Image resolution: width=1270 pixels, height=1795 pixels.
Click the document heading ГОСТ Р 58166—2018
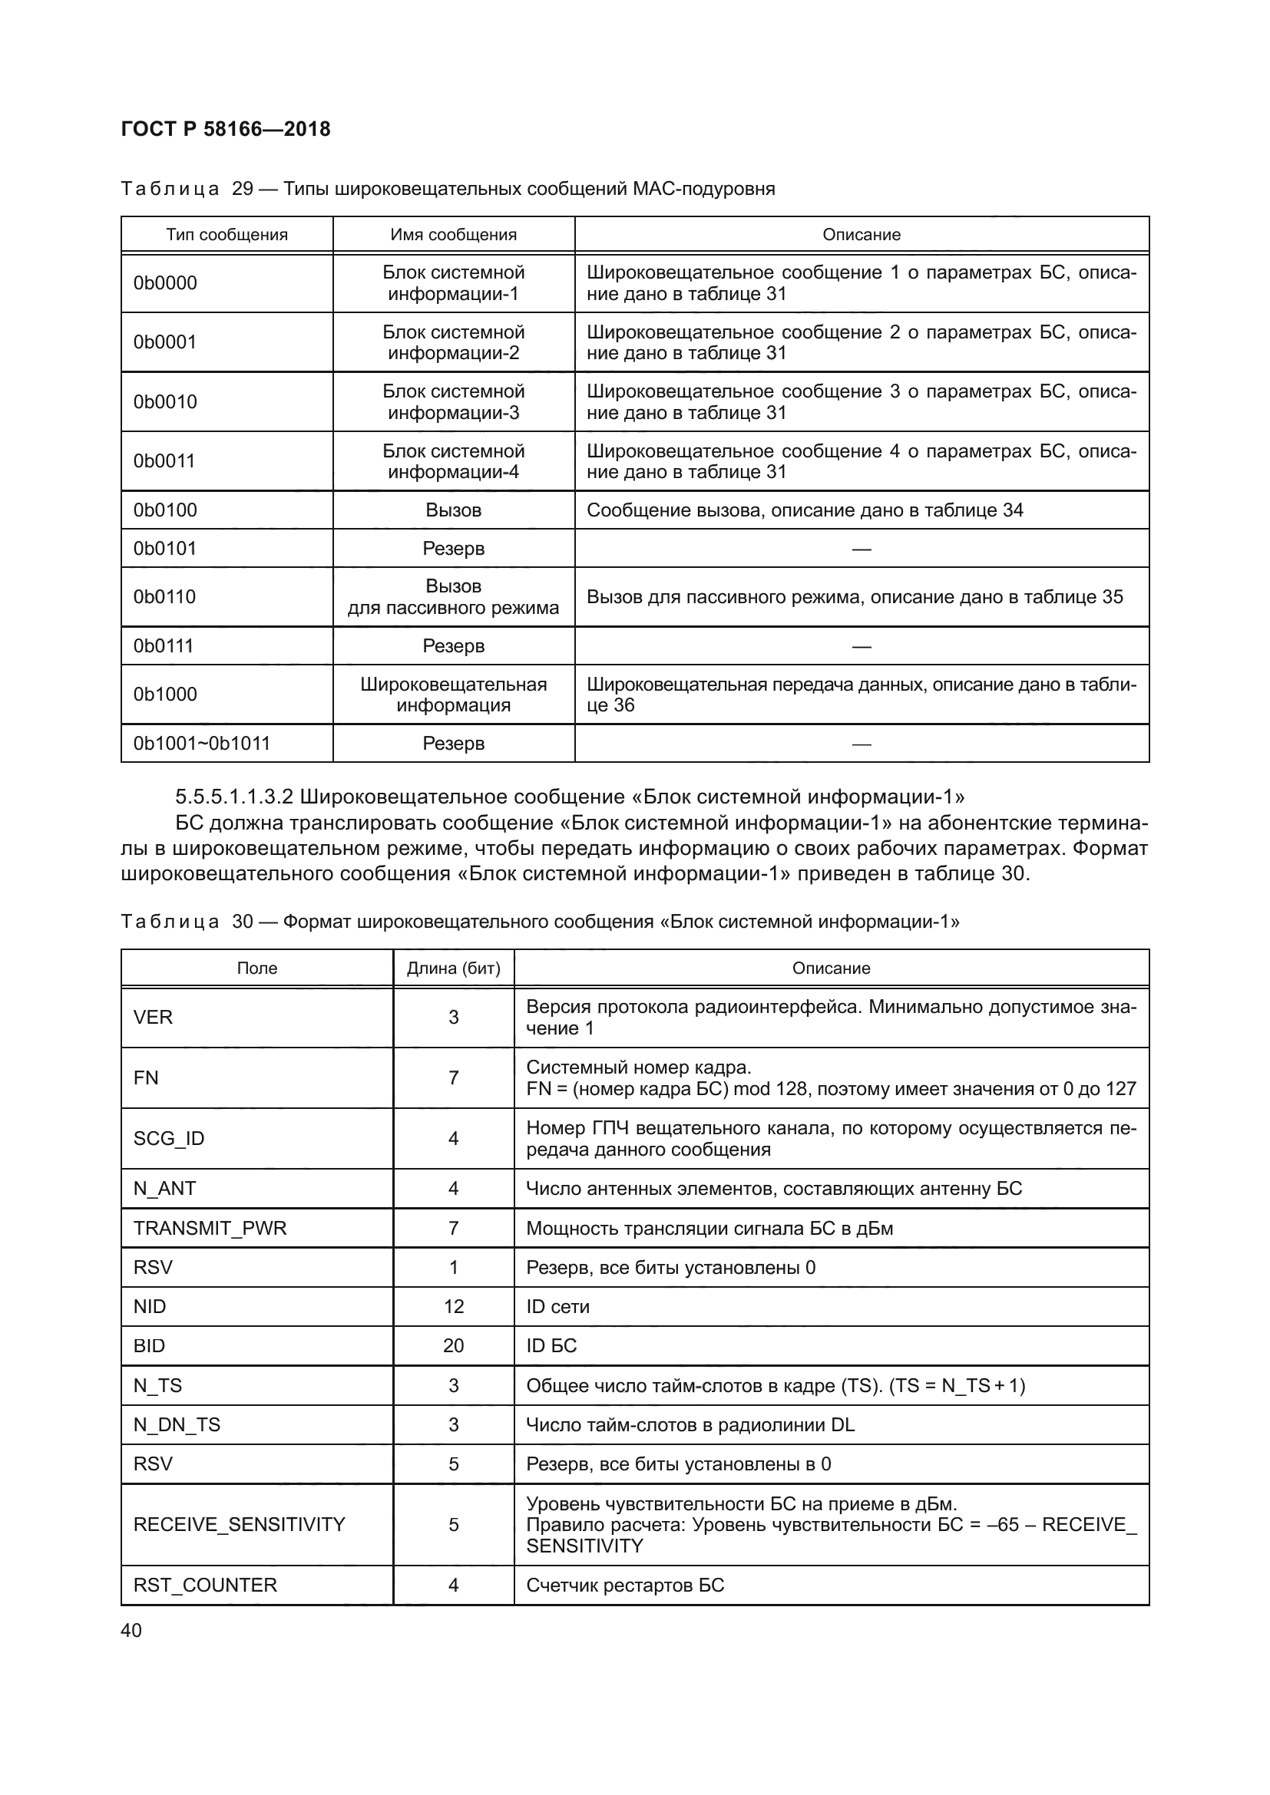point(226,129)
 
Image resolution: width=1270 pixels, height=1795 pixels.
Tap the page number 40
point(131,1630)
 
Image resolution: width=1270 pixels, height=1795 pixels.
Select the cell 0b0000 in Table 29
point(165,283)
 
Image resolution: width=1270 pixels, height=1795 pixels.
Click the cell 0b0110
point(164,596)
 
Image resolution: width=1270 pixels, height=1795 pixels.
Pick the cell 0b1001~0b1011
point(202,743)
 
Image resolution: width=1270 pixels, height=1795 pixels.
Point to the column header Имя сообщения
point(454,235)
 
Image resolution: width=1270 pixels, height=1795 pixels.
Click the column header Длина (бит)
point(454,968)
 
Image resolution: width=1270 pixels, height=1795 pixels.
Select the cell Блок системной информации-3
point(454,402)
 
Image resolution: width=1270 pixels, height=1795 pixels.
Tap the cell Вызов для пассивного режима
point(454,596)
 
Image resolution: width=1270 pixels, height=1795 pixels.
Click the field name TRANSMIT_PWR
point(210,1228)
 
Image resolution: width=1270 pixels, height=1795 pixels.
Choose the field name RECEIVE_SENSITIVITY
point(240,1525)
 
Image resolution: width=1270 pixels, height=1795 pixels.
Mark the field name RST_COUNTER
point(206,1585)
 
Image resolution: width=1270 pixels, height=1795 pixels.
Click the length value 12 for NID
point(454,1306)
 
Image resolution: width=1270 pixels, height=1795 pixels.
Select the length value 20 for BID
point(454,1345)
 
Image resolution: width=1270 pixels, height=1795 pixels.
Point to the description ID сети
point(557,1306)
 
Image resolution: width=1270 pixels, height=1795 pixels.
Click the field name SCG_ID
point(169,1138)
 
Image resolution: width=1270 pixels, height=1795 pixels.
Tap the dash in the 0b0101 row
point(861,549)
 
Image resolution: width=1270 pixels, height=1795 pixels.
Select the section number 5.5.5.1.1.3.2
point(234,797)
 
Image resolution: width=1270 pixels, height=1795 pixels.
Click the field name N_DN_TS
point(177,1424)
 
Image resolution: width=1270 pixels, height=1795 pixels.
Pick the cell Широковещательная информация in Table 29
point(454,695)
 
